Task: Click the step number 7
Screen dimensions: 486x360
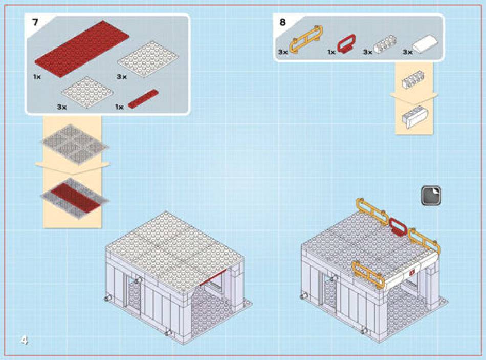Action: [x=35, y=23]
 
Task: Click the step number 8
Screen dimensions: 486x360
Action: [x=283, y=23]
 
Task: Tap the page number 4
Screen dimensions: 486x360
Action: [x=24, y=340]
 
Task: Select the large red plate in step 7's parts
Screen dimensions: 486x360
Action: [x=82, y=49]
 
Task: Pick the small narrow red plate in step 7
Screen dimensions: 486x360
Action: [x=143, y=98]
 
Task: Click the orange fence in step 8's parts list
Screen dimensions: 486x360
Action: [x=306, y=39]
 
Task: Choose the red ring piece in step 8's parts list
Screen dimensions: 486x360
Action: [x=346, y=44]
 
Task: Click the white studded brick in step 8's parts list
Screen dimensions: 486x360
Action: [x=386, y=44]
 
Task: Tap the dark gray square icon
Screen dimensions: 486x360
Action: [x=431, y=196]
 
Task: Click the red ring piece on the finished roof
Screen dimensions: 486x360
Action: [x=398, y=227]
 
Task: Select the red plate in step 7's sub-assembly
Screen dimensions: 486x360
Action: [x=76, y=196]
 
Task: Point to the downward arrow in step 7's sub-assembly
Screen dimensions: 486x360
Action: [x=73, y=167]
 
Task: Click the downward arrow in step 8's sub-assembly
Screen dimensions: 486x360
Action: [x=414, y=98]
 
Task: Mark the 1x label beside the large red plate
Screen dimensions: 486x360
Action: [x=36, y=76]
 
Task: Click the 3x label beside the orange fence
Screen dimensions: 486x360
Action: [x=283, y=52]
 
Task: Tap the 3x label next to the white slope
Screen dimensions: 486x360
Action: [x=408, y=52]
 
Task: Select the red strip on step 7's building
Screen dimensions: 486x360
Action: [x=213, y=278]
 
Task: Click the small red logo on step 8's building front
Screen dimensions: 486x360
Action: [x=412, y=273]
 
